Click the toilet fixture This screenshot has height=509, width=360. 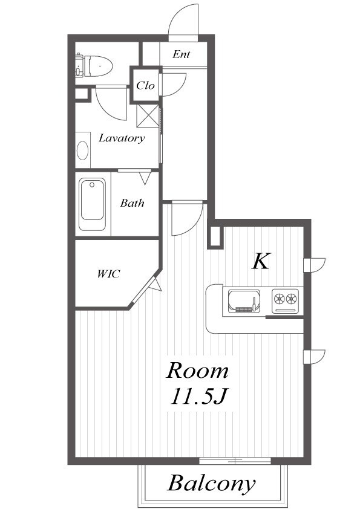pos(94,66)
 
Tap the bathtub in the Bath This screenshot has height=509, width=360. pos(93,204)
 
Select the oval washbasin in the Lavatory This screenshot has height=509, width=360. pos(82,151)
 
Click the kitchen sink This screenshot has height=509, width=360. pos(244,301)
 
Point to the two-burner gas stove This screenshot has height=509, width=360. pos(285,301)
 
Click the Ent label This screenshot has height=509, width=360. pos(182,54)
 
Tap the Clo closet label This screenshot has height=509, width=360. pos(145,85)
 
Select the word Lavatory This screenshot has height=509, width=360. pos(122,138)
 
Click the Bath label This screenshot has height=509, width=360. pos(132,203)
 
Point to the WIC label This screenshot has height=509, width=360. pos(108,274)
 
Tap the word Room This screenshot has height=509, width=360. pos(197,371)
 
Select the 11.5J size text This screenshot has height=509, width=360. pos(198,397)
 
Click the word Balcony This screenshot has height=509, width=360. pos(212,484)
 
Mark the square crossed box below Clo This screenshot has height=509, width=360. pos(148,116)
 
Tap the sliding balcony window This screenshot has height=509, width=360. pos(235,460)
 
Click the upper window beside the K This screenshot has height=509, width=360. pos(315,265)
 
